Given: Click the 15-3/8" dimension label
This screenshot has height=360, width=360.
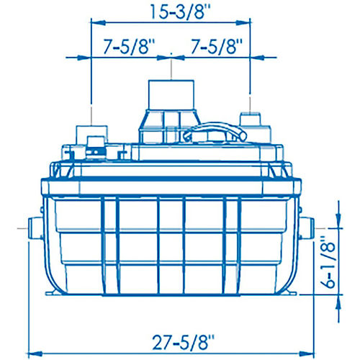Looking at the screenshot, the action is pos(181,12).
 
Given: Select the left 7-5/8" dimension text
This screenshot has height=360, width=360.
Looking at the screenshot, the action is pos(129,46).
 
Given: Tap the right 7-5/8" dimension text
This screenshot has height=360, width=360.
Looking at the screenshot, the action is pos(217,46).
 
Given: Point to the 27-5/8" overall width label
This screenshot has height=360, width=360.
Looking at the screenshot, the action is pos(183,342).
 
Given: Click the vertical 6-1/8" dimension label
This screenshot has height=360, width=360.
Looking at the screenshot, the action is pos(328,262).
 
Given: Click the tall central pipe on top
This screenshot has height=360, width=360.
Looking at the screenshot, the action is pos(171,95).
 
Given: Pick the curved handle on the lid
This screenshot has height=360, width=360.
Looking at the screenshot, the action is pos(215,131).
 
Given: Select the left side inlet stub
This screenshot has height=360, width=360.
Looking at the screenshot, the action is pos(35,228).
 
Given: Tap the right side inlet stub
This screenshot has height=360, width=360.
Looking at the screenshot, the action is pos(307,228).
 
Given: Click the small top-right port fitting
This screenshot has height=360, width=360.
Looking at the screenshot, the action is pos(250,119).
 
